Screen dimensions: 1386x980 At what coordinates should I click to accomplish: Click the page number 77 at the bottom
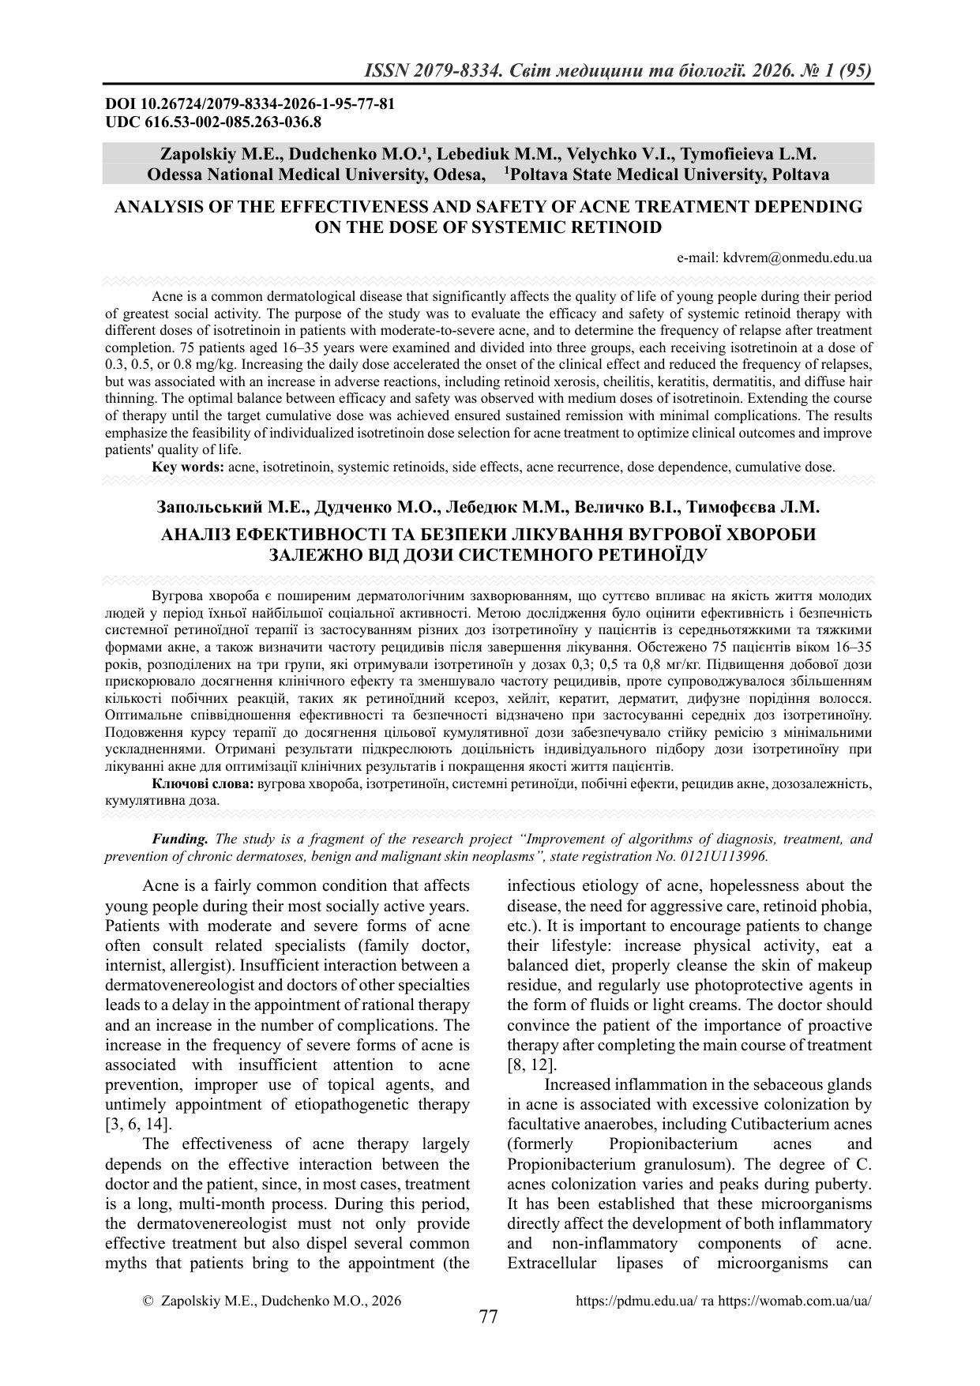pyautogui.click(x=489, y=1317)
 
